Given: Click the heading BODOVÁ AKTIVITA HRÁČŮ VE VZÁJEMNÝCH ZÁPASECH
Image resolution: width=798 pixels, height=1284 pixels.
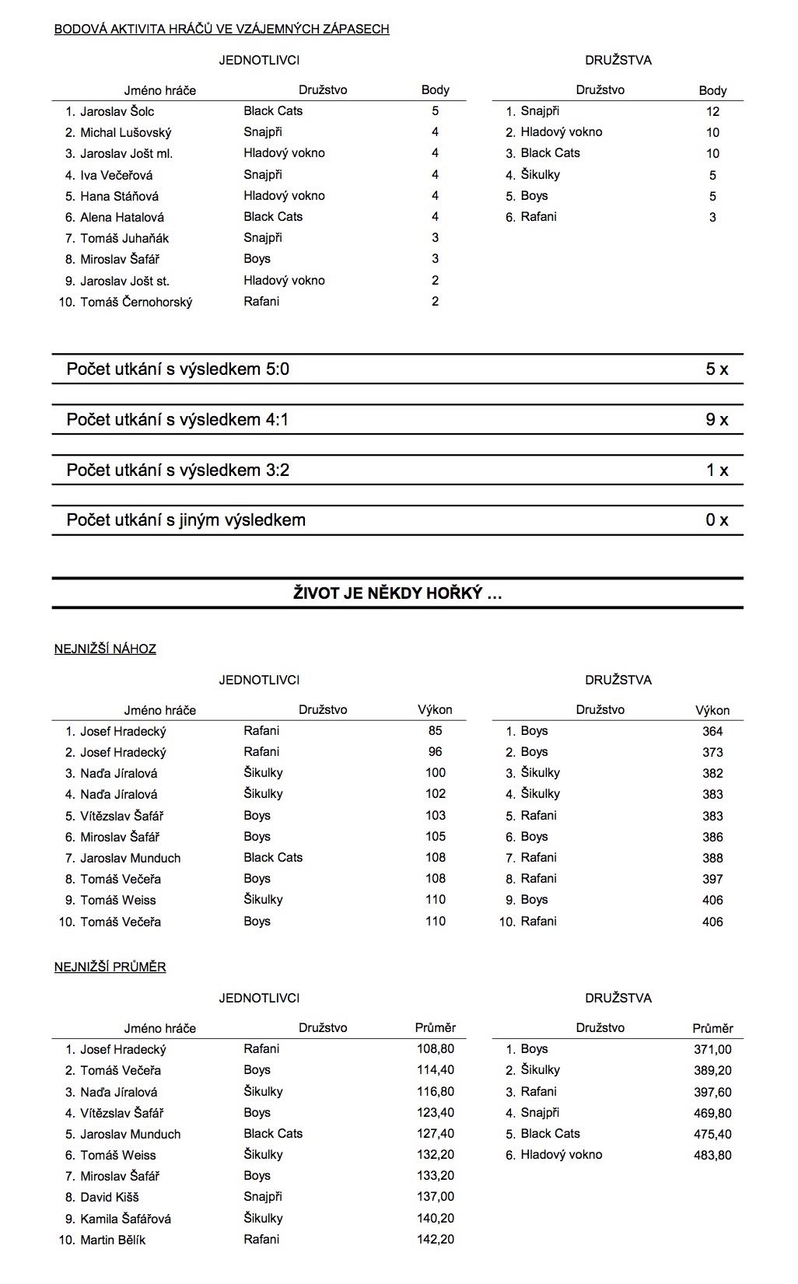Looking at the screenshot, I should (222, 30).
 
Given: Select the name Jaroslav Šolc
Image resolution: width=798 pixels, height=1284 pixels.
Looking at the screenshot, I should (117, 111).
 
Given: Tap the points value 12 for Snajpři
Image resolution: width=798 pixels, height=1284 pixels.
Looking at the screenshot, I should (712, 111).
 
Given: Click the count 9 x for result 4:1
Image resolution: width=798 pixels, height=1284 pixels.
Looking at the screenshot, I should (716, 420).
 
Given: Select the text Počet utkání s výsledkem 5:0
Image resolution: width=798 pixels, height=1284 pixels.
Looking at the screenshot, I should (177, 369).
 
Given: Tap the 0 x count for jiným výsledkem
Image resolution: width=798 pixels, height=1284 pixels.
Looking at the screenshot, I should (716, 520).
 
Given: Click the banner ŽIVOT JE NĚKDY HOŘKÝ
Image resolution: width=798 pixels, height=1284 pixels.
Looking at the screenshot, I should (397, 594).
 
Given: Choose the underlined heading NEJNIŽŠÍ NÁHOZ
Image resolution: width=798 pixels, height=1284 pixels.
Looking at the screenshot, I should (105, 649).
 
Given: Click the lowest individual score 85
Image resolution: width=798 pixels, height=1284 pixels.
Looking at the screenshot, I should (435, 731).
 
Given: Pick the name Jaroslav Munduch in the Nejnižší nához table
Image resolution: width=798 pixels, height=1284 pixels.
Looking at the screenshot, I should (130, 858).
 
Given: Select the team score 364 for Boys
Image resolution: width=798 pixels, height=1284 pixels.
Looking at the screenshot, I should (712, 731).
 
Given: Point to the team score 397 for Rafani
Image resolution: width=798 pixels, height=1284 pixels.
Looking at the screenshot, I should (712, 879).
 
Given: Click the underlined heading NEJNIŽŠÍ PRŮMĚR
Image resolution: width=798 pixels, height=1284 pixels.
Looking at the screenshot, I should (110, 967).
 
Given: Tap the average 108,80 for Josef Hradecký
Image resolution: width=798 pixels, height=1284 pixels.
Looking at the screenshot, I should (435, 1049).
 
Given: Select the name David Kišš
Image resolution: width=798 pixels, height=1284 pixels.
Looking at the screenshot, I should (109, 1197).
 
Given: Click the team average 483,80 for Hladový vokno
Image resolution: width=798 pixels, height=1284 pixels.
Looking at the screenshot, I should (712, 1155).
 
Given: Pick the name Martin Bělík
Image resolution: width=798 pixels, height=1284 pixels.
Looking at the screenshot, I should (112, 1240).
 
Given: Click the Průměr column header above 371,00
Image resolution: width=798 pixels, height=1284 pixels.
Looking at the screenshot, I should (712, 1028).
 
